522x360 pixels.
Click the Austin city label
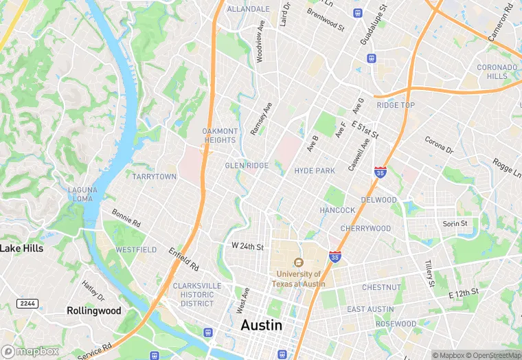(x=261, y=325)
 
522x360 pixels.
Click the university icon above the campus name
(x=298, y=262)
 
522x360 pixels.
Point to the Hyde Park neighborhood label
(x=314, y=170)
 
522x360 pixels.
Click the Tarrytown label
(x=155, y=177)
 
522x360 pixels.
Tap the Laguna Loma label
(x=82, y=194)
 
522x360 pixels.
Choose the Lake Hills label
(x=22, y=248)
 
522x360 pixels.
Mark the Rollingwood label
(x=94, y=311)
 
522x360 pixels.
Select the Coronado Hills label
(x=497, y=72)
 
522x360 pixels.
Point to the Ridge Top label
(x=396, y=105)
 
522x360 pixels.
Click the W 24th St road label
(x=247, y=246)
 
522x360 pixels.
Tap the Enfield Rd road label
(x=184, y=258)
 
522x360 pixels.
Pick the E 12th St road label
(x=463, y=293)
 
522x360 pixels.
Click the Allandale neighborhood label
(x=248, y=9)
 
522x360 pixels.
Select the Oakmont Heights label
(x=220, y=135)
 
